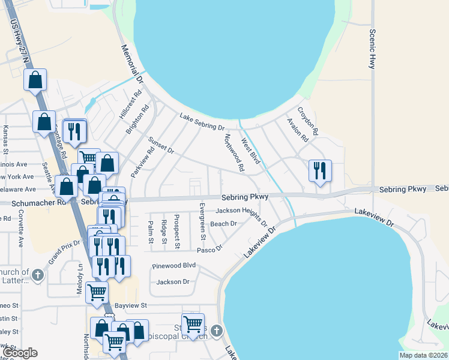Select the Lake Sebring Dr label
tap(201, 122)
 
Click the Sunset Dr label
tap(161, 144)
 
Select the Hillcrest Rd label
tap(130, 103)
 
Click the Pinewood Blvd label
tap(174, 265)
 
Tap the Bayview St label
tap(131, 305)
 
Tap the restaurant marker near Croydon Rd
tap(319, 170)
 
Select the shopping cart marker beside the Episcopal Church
tap(193, 324)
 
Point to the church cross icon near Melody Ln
tap(38, 276)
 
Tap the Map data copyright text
tap(423, 355)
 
